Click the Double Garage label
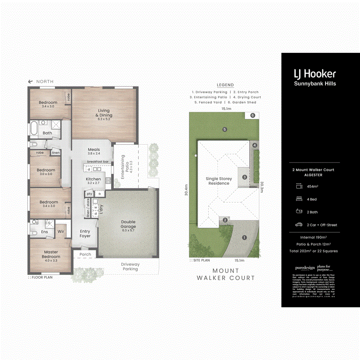tap(128, 224)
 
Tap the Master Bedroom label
tap(51, 254)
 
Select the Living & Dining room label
tap(106, 113)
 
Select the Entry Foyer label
tap(85, 234)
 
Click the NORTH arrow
tap(30, 82)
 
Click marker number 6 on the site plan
tap(252, 116)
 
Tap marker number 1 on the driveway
tap(244, 237)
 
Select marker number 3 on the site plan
tap(244, 177)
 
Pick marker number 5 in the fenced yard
tap(225, 129)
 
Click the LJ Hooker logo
tap(315, 74)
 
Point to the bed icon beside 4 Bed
tap(298, 199)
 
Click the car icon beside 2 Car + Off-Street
tap(298, 225)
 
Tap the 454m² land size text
tap(312, 186)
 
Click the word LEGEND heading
tap(225, 85)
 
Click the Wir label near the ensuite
tap(61, 232)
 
